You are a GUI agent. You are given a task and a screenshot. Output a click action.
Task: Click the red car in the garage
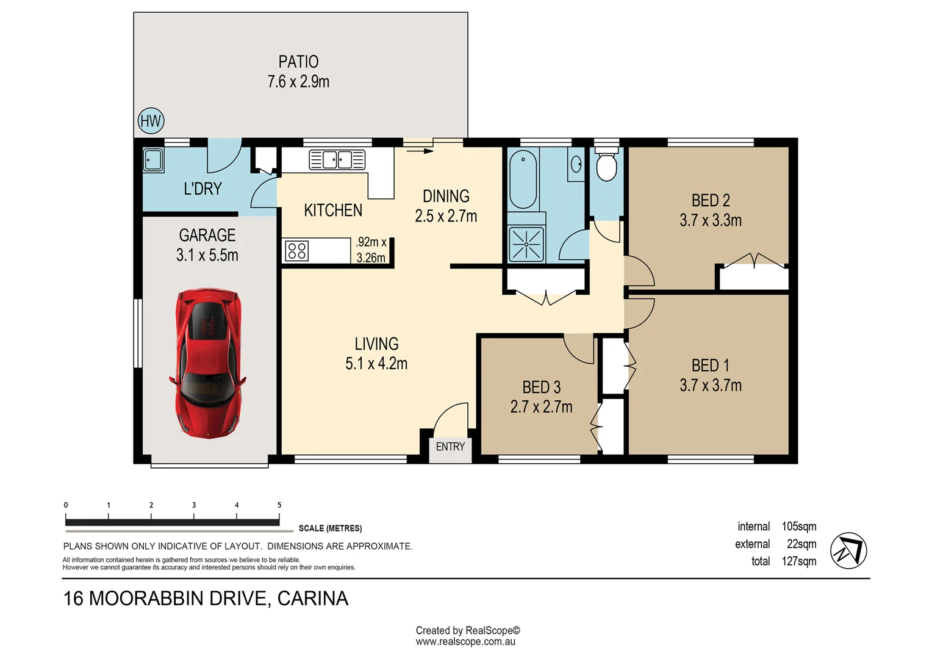208,363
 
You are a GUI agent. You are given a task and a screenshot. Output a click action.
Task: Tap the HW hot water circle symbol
151,121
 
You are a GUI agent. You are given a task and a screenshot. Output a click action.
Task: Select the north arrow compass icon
848,551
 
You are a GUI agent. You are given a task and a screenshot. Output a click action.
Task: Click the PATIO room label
298,62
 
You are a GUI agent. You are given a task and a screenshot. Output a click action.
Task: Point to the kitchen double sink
337,160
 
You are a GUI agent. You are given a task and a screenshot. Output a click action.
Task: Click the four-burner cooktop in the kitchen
296,251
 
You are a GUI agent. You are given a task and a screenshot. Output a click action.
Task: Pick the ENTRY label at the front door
450,447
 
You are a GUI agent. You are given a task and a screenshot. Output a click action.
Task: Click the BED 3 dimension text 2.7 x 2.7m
541,407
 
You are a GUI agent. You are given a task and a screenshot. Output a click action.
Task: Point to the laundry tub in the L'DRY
153,160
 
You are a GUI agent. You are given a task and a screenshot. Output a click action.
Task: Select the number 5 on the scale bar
279,505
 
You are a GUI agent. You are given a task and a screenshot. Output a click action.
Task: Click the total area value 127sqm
798,561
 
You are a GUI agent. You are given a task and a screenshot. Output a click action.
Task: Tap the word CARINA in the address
313,599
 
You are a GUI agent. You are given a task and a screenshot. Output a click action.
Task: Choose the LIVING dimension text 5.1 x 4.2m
376,364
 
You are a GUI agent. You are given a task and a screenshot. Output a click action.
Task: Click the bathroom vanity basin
576,164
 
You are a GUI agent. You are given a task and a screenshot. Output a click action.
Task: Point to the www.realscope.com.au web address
465,642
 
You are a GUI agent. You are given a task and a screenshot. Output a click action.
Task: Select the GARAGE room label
207,235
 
